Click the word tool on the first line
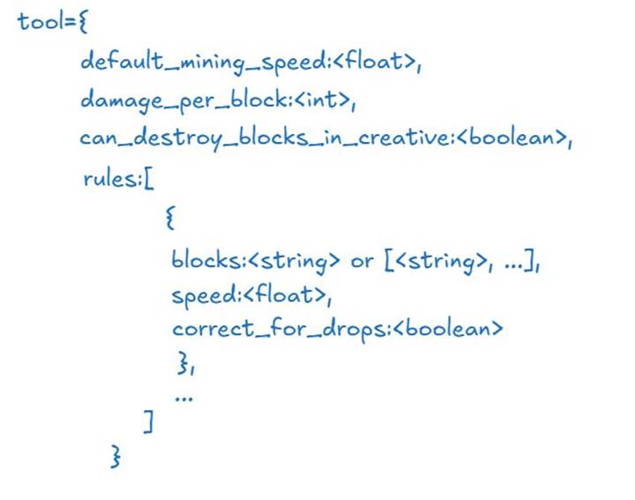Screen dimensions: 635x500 [x=40, y=21]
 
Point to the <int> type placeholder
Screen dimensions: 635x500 [x=322, y=99]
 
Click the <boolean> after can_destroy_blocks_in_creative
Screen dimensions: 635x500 [x=512, y=137]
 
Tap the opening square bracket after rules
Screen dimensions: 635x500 [x=149, y=179]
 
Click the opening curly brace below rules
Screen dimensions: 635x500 [x=170, y=218]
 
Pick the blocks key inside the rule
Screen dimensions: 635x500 [x=206, y=259]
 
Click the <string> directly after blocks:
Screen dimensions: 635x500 [x=294, y=261]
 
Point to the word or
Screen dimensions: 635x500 [x=362, y=262]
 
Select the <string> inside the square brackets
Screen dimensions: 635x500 [x=441, y=261]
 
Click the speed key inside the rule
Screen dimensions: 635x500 [x=205, y=295]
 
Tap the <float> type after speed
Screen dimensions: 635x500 [x=285, y=295]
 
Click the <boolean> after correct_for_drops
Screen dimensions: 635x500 [x=448, y=328]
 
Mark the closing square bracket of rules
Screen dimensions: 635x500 [x=149, y=422]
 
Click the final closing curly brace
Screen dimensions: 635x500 [x=116, y=456]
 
